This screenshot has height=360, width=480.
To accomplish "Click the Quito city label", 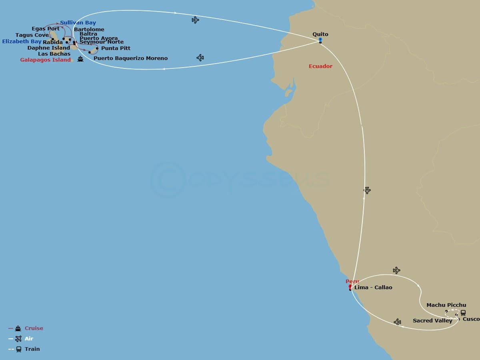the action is (320, 34).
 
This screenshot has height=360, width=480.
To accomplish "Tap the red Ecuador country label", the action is (320, 66).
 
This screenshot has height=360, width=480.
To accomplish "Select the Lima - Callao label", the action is (373, 288).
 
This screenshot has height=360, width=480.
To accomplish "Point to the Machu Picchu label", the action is (446, 305).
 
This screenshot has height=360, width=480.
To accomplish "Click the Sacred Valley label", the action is (432, 321).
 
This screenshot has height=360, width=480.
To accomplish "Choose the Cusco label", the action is (471, 319).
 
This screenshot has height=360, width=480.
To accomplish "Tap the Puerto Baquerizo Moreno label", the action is (130, 58).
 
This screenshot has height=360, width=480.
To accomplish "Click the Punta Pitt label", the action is (116, 48).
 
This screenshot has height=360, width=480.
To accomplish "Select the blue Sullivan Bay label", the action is (78, 23).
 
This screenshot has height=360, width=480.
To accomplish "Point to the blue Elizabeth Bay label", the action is (22, 41).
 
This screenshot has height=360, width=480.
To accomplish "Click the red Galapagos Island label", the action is (45, 60).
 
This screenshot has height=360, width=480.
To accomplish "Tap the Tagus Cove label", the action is (32, 35).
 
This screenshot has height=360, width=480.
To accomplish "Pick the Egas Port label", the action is (46, 29).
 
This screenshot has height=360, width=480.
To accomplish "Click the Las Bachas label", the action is (54, 54).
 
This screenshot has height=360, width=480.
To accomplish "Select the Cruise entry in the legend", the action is (34, 328).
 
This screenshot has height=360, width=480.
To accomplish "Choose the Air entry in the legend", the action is (29, 339).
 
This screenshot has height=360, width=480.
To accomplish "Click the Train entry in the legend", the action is (32, 349).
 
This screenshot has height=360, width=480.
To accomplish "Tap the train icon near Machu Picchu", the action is (463, 313).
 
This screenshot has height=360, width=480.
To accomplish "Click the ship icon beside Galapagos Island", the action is (80, 60).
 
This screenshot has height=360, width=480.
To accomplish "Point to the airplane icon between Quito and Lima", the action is (367, 190).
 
